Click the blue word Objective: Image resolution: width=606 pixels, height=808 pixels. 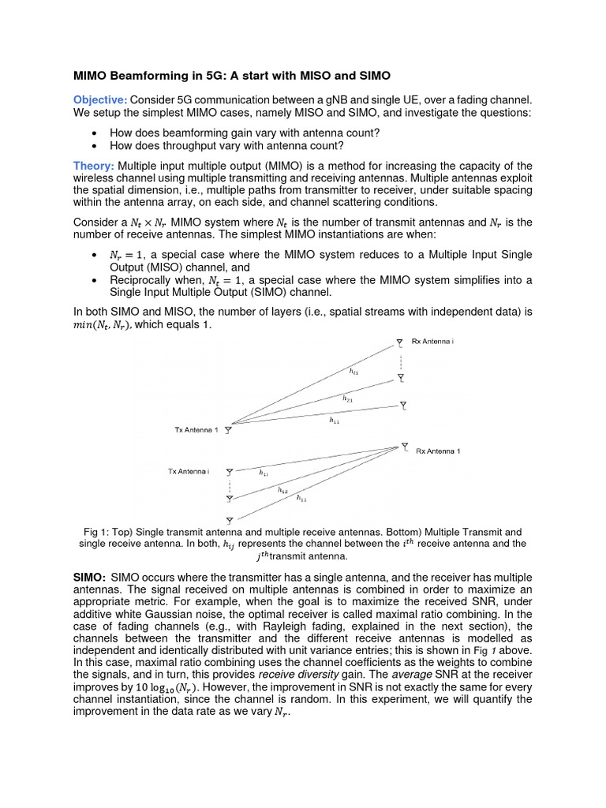(x=100, y=99)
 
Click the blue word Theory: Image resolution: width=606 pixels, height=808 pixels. (x=94, y=166)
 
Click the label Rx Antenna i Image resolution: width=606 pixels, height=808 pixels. (x=433, y=342)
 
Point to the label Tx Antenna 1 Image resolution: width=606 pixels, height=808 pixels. (x=196, y=430)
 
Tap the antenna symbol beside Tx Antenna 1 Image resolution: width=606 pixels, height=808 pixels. (x=228, y=431)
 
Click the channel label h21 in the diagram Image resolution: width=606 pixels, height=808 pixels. (x=347, y=399)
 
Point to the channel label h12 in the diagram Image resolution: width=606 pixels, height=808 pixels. (x=282, y=490)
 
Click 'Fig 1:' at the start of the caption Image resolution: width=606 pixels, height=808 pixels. (x=95, y=533)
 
